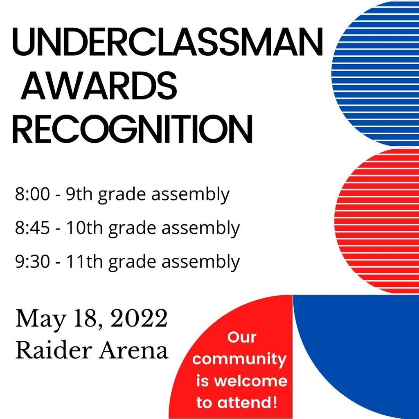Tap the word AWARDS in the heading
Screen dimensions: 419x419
point(99,86)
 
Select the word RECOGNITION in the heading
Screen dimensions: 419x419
point(133,129)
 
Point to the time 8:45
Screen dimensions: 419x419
point(32,228)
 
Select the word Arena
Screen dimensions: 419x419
point(134,350)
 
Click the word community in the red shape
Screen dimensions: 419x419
point(239,360)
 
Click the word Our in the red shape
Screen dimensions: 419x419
point(242,337)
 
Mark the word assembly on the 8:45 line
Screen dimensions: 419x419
point(200,228)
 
